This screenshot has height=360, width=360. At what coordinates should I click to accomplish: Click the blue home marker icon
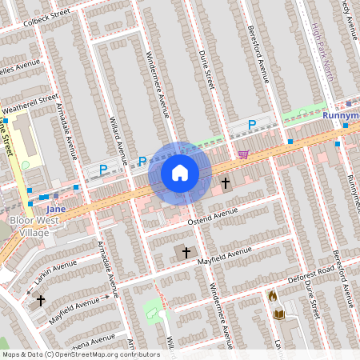click(180, 173)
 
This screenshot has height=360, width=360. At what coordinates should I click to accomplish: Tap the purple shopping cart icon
click(243, 154)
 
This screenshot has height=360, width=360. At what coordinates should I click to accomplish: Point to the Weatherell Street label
click(30, 104)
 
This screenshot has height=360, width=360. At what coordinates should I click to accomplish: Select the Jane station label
click(55, 209)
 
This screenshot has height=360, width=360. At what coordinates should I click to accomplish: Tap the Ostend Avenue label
click(214, 217)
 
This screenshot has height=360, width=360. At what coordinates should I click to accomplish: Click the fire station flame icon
click(272, 296)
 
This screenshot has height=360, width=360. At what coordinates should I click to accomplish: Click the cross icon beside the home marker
click(226, 183)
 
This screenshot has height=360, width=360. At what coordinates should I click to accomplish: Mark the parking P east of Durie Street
click(252, 124)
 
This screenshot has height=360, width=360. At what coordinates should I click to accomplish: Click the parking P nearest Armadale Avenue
click(103, 169)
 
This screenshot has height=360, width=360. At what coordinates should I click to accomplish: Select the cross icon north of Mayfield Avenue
click(186, 252)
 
